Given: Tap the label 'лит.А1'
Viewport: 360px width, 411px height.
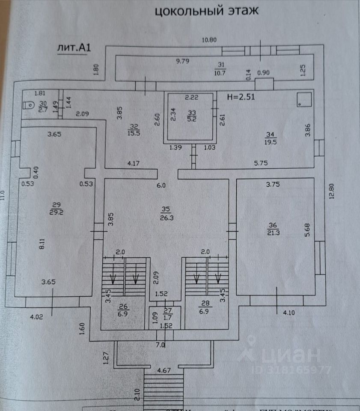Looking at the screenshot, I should (74, 48).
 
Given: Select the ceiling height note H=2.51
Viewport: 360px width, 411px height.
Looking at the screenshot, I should (241, 97).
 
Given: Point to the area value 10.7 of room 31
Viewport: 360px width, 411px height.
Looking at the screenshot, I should (221, 72).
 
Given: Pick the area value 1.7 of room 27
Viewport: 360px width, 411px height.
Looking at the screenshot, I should (168, 317).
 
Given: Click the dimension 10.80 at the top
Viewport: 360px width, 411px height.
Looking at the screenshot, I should (209, 40).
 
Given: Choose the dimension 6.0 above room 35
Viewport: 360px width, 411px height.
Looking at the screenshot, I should (161, 185).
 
